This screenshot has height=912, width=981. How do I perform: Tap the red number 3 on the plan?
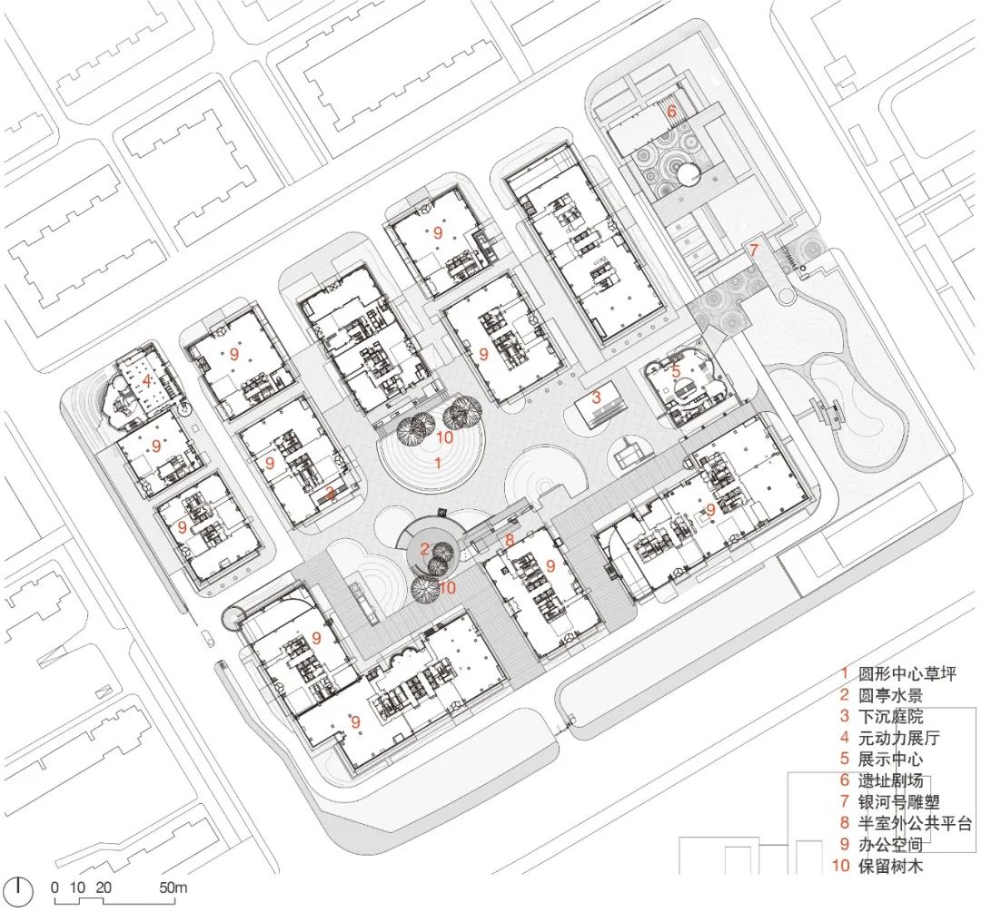coord(596,397)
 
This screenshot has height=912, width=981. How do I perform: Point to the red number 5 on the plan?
coord(676,370)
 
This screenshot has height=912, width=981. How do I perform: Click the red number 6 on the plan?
coord(671,112)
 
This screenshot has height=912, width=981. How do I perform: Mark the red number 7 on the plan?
coord(753,249)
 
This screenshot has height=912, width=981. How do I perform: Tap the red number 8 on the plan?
coord(510,541)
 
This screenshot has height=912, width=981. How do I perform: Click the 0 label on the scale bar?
coord(54,887)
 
